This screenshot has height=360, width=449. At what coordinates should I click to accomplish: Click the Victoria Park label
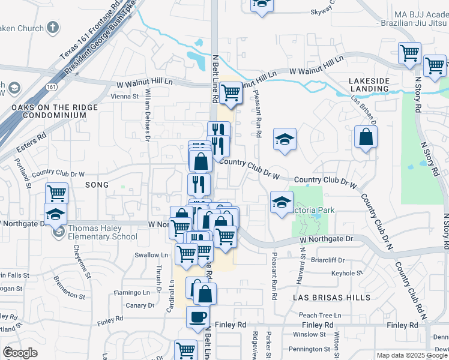[310, 211]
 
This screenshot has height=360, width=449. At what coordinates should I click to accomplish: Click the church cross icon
[53, 28]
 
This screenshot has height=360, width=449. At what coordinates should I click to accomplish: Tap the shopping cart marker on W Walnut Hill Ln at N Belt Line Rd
[231, 92]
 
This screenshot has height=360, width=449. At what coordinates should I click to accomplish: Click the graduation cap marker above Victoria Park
[284, 139]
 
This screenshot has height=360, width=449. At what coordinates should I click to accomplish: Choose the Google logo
[20, 353]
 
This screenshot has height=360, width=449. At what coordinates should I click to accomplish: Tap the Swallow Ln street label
[148, 255]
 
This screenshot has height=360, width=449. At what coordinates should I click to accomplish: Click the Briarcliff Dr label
[328, 260]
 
